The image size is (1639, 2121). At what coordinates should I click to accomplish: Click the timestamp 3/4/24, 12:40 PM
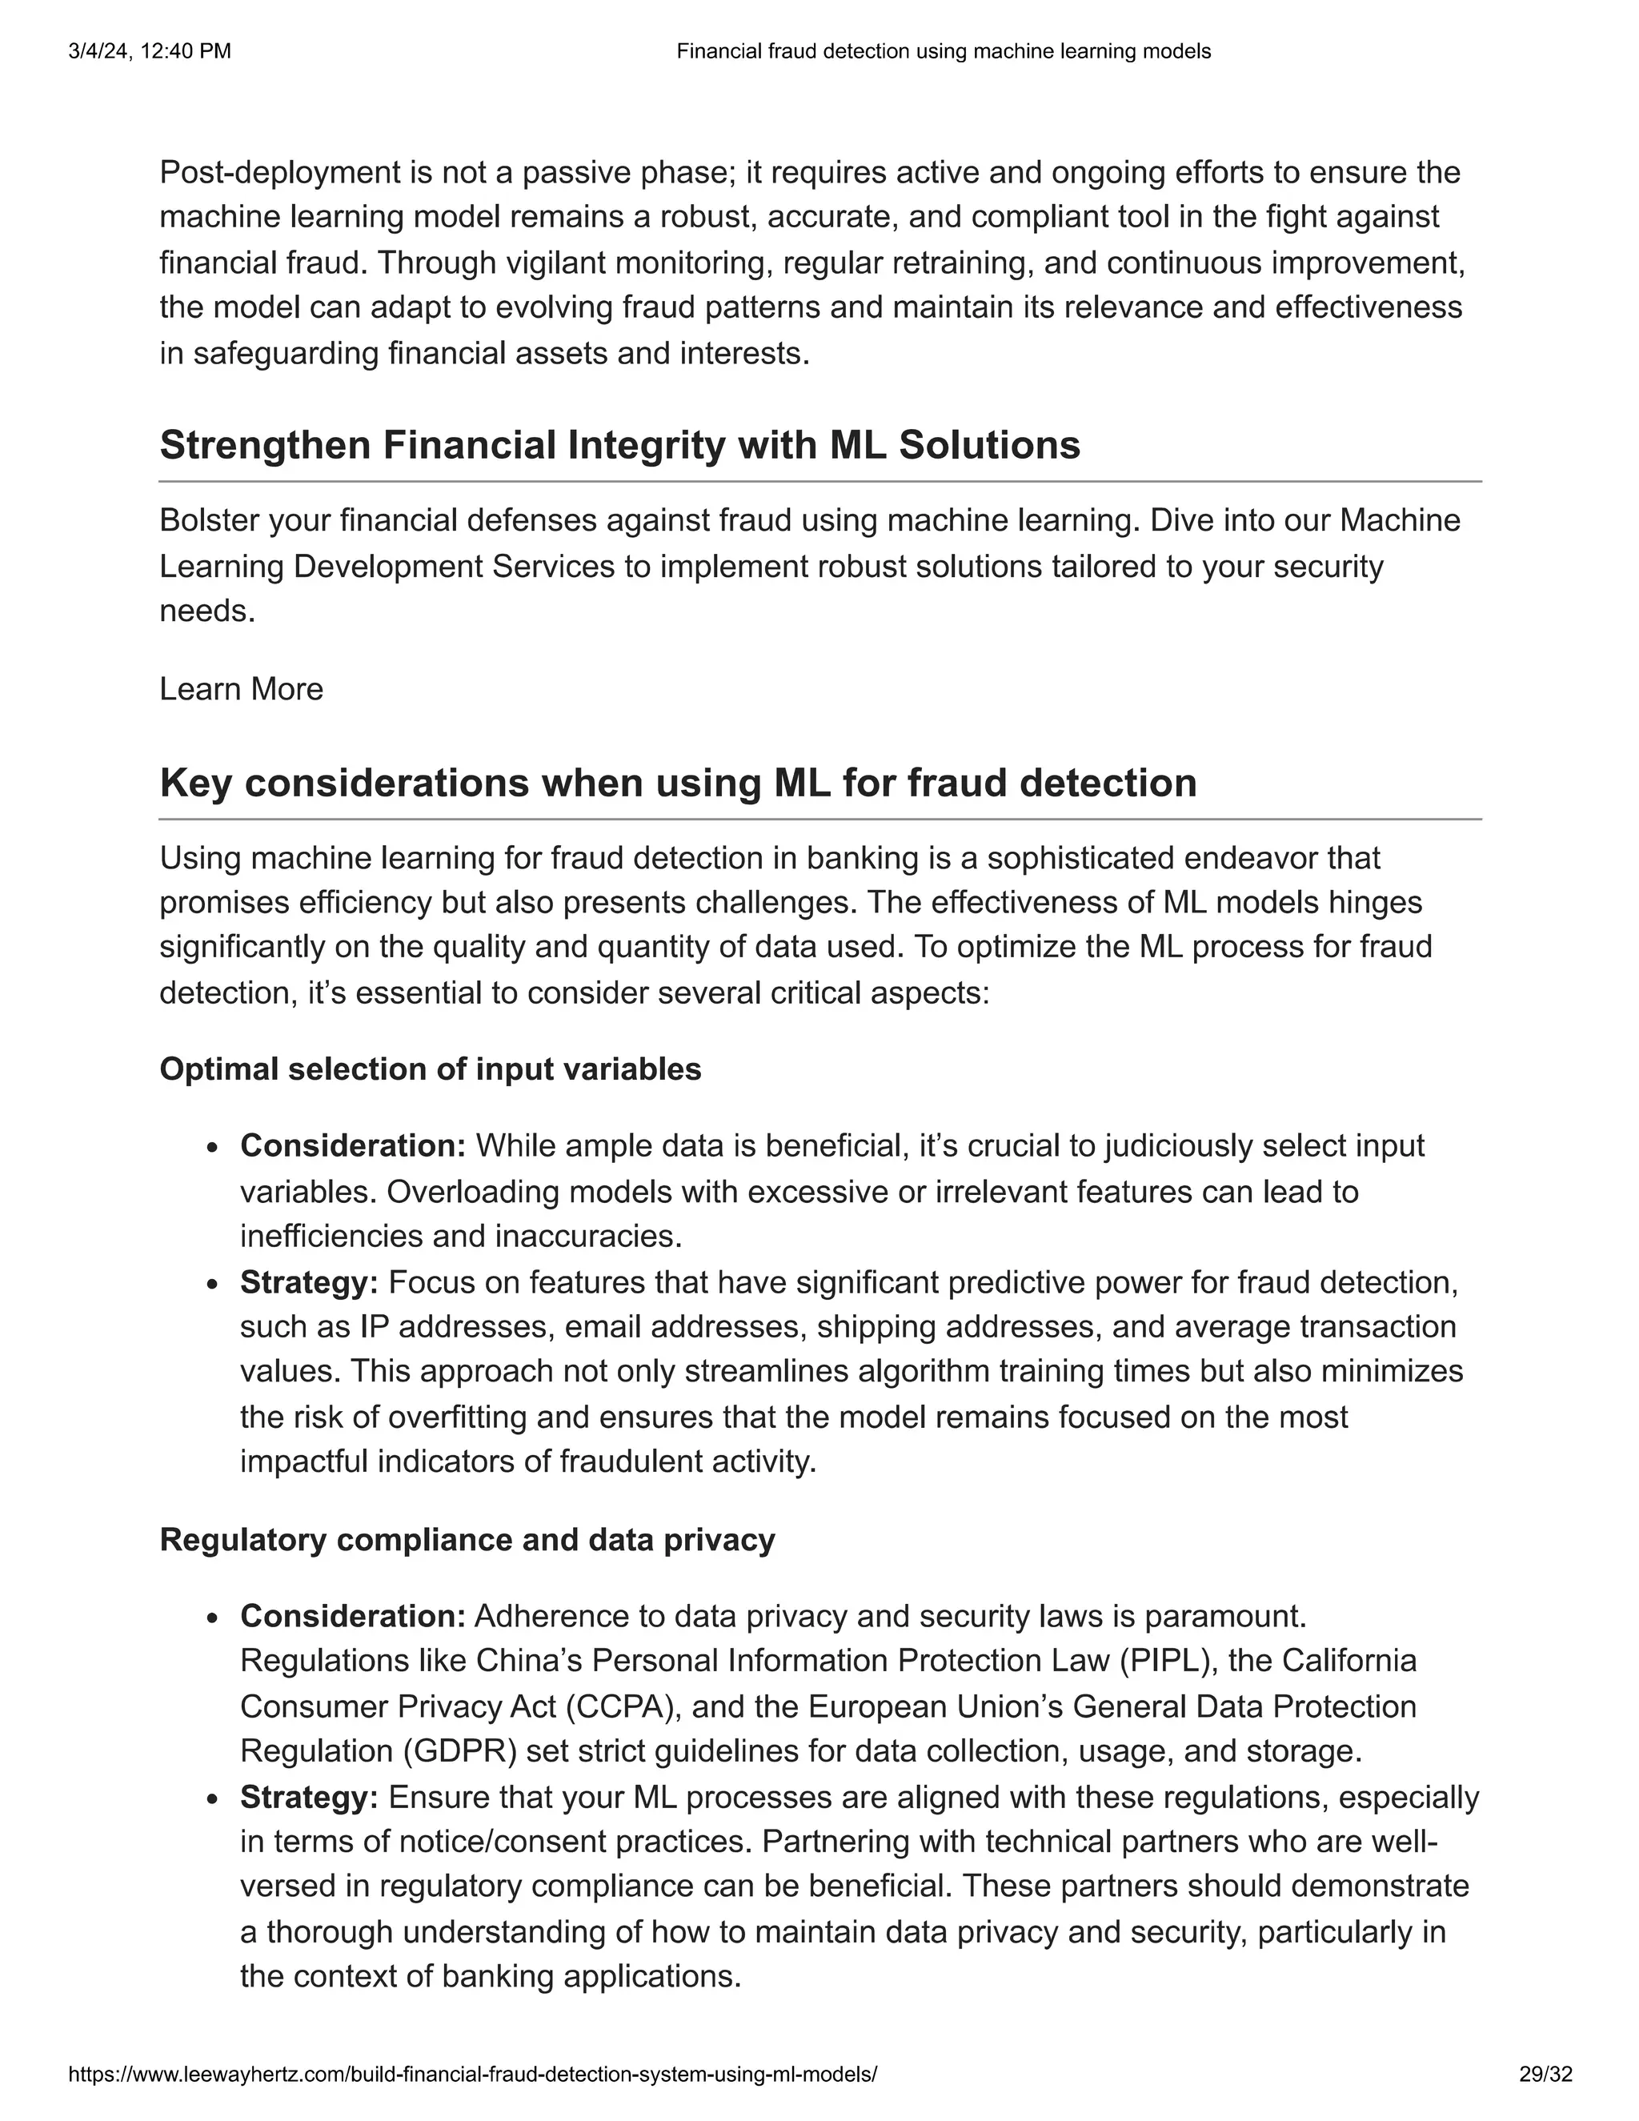tap(150, 51)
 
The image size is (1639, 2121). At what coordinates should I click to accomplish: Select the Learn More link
tap(241, 689)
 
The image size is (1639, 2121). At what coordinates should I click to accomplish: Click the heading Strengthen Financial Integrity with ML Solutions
tap(619, 446)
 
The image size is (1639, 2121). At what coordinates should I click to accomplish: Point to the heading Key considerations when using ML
tap(678, 783)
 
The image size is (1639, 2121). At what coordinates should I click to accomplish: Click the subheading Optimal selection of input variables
tap(430, 1069)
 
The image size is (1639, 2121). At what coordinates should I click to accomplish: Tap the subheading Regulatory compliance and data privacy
tap(467, 1540)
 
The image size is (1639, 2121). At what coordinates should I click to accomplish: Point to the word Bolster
tap(210, 520)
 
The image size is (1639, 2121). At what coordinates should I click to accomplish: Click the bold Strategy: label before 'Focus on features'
tap(309, 1283)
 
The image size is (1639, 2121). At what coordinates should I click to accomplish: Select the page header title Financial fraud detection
tap(943, 51)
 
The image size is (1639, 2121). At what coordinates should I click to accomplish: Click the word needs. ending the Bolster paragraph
tap(206, 611)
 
